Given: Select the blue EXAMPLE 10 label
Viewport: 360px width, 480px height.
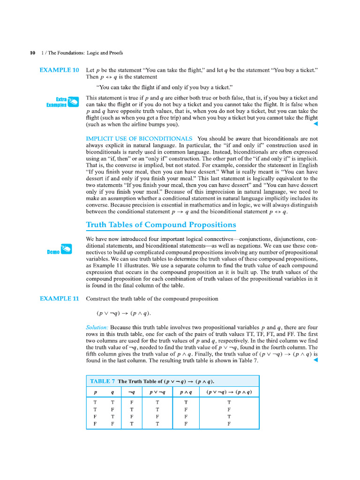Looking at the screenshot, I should click(x=59, y=70).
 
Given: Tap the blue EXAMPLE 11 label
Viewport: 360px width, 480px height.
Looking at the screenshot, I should click(x=59, y=299).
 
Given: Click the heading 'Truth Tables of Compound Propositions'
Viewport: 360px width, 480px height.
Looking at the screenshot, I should click(x=161, y=225).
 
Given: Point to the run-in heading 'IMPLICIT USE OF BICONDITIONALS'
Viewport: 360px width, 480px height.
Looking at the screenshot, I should click(x=139, y=139).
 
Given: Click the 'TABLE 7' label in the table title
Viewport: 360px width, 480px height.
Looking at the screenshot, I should click(x=102, y=381).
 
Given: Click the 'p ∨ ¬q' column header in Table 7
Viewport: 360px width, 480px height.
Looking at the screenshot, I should click(x=157, y=392).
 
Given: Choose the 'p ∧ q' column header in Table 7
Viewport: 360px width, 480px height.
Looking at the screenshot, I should click(x=186, y=392).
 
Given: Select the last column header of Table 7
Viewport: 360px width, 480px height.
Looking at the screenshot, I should click(x=229, y=392).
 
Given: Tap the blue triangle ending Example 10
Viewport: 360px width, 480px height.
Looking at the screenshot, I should click(x=315, y=124).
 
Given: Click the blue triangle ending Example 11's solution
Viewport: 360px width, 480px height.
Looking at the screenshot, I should click(x=315, y=360).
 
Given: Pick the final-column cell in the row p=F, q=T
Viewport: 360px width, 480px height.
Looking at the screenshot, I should click(x=229, y=416).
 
